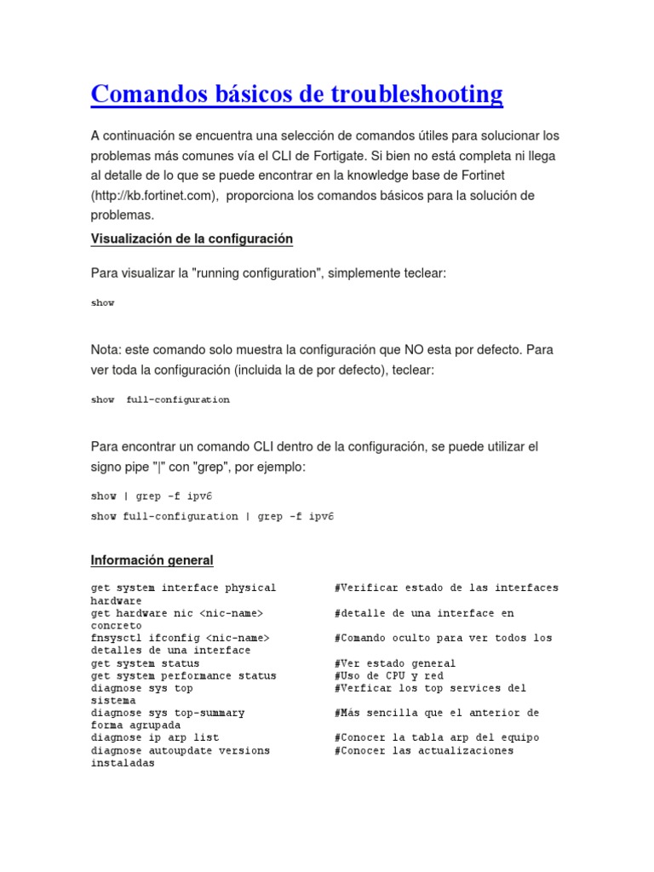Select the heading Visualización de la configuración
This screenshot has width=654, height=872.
tap(192, 239)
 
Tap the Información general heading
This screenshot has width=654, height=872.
tap(152, 560)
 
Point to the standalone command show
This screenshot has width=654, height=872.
tap(102, 302)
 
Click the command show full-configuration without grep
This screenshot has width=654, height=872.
tap(160, 399)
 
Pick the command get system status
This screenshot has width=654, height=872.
tap(145, 663)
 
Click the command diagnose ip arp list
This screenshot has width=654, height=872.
tap(154, 737)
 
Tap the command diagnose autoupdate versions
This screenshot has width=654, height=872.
tap(180, 750)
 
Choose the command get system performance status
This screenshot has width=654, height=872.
tap(183, 676)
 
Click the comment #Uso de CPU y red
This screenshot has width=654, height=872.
tap(388, 676)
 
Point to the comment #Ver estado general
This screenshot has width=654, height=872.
tap(394, 663)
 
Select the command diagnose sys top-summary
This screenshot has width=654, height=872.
tap(167, 713)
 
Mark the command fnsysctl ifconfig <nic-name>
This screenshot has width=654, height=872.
tap(180, 638)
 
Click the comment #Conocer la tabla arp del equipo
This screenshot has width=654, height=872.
tap(436, 737)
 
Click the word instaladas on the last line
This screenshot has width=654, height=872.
tap(123, 763)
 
